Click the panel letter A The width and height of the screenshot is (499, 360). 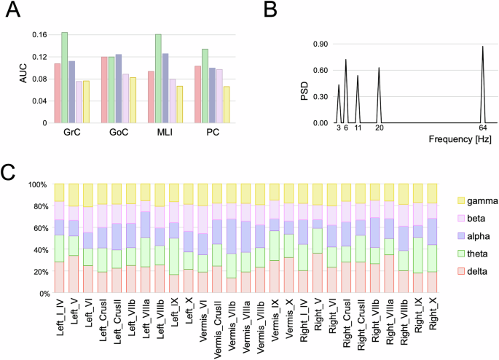point(12,12)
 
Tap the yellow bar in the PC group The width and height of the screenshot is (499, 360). point(227,105)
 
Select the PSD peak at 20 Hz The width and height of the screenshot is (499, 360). point(379,69)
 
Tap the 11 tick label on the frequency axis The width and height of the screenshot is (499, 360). point(358,128)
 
